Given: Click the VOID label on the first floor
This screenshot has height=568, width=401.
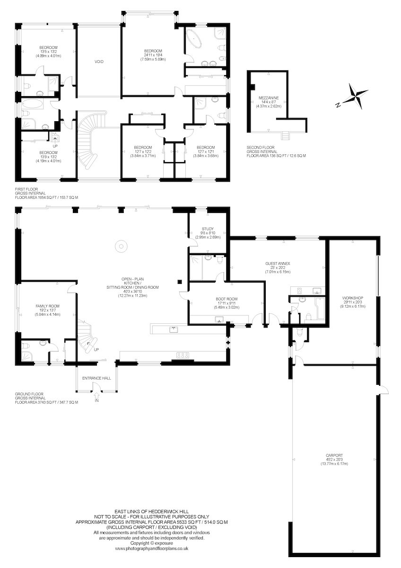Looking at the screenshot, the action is (99, 62).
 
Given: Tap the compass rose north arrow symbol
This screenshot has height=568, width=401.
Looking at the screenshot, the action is (354, 97).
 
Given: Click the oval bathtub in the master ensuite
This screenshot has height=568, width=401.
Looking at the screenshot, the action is (194, 39).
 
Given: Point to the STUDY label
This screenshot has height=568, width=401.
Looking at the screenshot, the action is (208, 229).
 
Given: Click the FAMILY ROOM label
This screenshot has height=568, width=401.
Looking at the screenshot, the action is (48, 306).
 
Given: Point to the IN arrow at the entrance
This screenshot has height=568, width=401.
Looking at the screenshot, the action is (96, 395).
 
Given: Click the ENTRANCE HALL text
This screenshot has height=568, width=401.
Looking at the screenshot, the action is (96, 378).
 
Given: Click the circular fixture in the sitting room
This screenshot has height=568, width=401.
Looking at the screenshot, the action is (121, 246).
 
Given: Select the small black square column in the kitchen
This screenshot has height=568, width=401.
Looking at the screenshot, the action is (179, 281).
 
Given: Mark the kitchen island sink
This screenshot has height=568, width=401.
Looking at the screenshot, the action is (174, 329).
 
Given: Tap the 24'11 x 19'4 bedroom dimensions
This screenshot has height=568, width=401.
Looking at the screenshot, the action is (153, 55).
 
